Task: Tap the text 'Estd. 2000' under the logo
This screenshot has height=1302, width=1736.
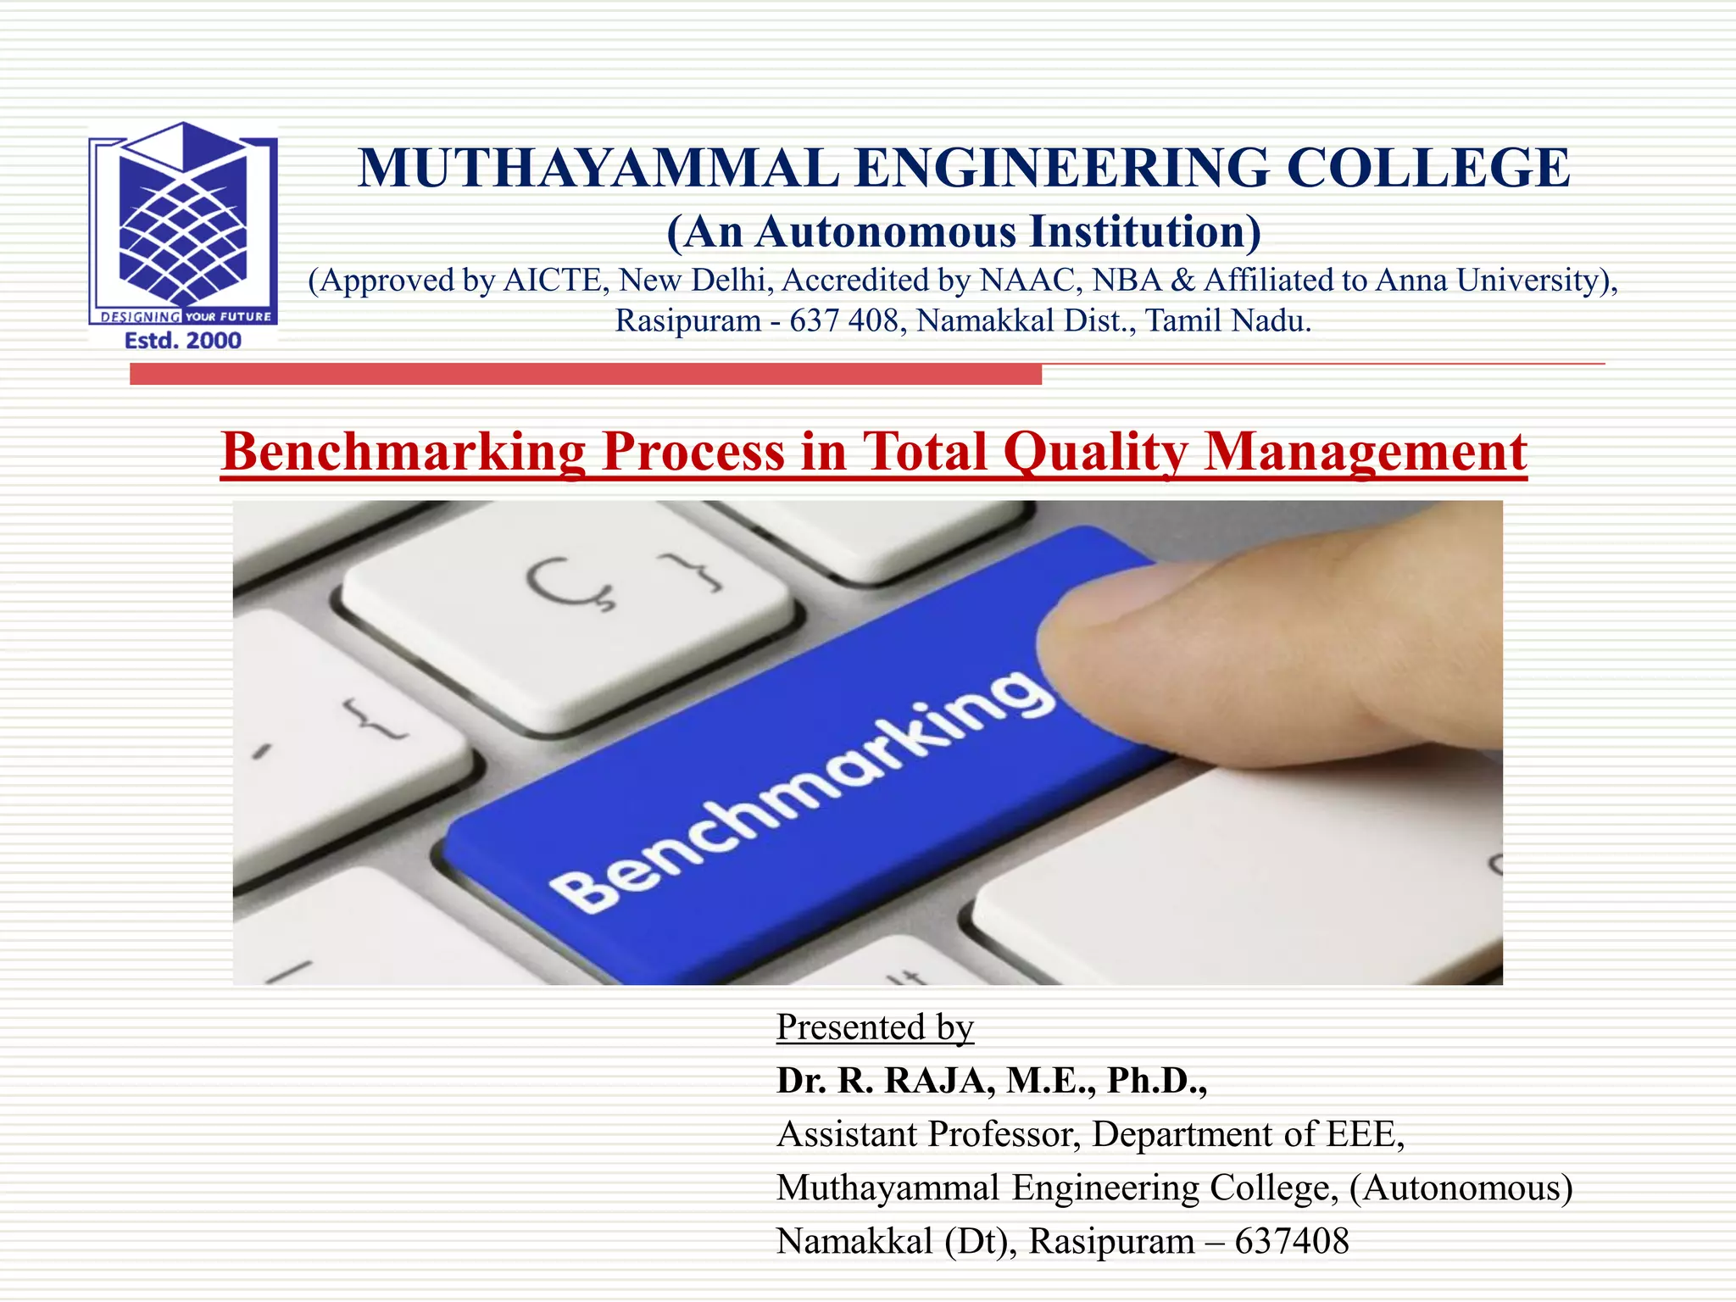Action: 183,341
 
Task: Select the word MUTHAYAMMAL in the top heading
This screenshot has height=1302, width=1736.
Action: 598,168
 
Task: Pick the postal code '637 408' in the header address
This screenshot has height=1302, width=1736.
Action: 843,320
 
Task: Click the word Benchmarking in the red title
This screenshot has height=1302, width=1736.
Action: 403,451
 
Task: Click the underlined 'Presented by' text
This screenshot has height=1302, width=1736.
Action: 875,1027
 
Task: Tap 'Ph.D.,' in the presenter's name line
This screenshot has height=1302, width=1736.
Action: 1156,1081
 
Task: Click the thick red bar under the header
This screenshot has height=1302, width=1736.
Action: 585,374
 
